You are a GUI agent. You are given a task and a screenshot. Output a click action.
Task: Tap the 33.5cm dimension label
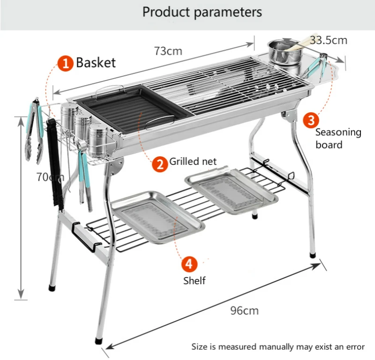[x=329, y=40]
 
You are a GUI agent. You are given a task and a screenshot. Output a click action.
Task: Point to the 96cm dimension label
[x=244, y=310]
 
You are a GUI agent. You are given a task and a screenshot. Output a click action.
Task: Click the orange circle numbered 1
[x=66, y=63]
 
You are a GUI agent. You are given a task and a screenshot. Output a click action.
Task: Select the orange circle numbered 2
[x=160, y=163]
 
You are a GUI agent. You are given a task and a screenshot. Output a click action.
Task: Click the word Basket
[x=96, y=63]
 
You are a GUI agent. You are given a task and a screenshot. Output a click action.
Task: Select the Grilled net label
[x=193, y=162]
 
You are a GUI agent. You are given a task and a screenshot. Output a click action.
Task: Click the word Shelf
[x=194, y=281]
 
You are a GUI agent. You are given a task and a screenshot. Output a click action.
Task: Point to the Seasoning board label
[x=338, y=138]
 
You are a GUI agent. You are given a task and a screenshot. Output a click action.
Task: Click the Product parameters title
[x=202, y=12]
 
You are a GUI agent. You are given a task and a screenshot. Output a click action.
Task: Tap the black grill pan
[x=127, y=110]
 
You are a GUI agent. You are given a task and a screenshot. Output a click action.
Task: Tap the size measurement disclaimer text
[x=277, y=347]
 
